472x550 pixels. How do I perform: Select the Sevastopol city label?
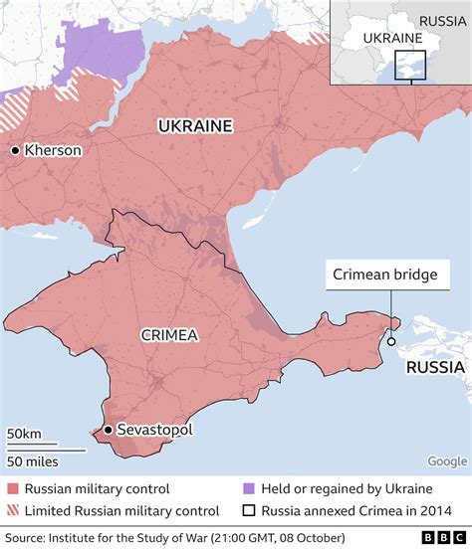click(154, 430)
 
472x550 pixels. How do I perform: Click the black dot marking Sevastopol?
click(108, 430)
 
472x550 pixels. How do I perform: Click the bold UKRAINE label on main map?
click(194, 126)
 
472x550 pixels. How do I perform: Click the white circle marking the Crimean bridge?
click(391, 342)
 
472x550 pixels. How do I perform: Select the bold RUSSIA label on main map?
click(435, 367)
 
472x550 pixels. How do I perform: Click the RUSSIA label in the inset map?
click(440, 20)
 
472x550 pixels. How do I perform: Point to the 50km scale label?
click(23, 434)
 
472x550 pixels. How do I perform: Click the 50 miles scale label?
click(32, 460)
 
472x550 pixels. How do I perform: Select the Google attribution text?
click(446, 460)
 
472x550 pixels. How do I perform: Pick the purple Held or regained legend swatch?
click(248, 488)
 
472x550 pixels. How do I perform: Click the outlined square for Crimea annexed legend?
click(248, 510)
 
